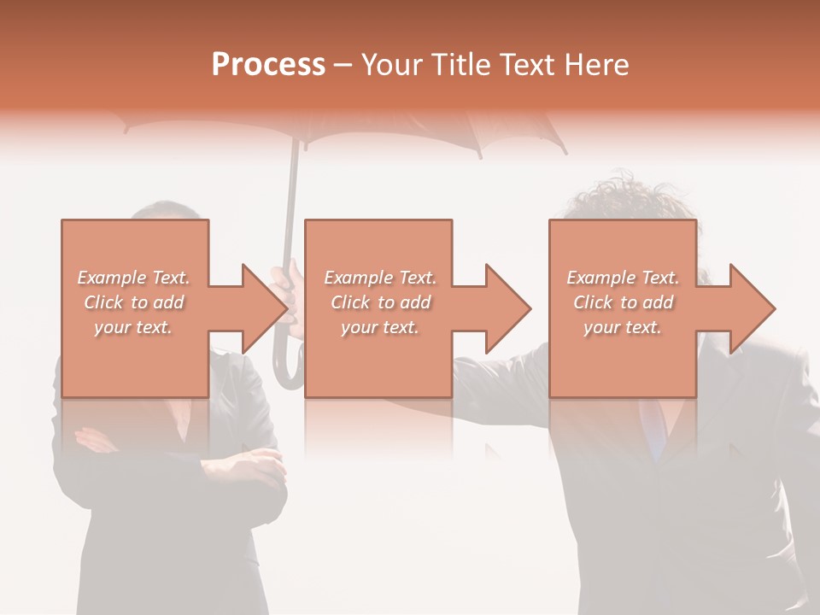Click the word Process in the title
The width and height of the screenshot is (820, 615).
coord(268,65)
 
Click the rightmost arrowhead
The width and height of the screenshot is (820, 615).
coord(747,308)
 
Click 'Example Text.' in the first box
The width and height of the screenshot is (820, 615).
coord(134,278)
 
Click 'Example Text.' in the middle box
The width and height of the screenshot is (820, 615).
coord(380,278)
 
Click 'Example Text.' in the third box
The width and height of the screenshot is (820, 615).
coord(623,278)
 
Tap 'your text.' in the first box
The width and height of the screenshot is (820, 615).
coord(133,327)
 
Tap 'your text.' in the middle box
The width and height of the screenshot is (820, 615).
coord(380,327)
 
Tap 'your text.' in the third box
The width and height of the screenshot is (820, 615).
coord(623,327)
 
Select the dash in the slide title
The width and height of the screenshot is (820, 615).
coord(343,66)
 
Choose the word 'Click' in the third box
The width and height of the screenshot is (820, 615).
coord(593,302)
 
